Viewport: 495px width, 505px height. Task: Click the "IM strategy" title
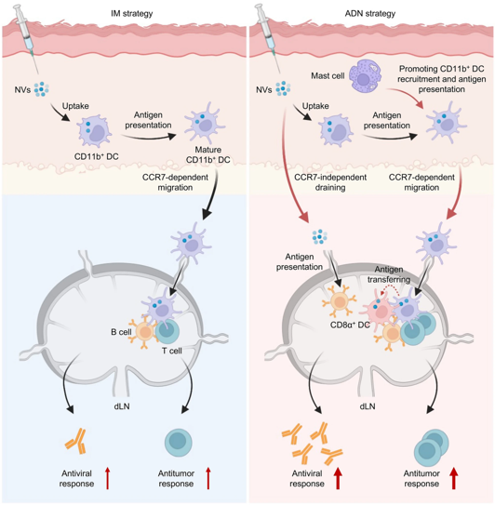click(131, 14)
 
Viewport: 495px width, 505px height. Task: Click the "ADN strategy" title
click(370, 14)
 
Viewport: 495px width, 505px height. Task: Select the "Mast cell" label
click(328, 75)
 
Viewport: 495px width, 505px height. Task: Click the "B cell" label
click(121, 332)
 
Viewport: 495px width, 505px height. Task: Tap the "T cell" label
click(172, 351)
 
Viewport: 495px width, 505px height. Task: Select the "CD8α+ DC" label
click(350, 325)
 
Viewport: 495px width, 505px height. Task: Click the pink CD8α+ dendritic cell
click(380, 310)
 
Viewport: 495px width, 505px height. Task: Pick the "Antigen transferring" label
click(389, 274)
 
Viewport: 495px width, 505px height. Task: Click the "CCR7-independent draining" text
click(330, 182)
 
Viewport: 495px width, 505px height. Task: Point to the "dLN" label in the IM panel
click(122, 406)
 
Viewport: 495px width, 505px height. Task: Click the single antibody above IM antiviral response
click(76, 441)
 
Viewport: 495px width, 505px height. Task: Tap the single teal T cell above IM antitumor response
click(179, 442)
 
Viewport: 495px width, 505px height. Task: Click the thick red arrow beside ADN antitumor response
click(454, 478)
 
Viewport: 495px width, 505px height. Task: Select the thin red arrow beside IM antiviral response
click(108, 479)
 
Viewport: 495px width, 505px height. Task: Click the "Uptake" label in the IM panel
click(75, 106)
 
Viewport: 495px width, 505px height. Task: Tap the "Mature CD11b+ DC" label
click(208, 154)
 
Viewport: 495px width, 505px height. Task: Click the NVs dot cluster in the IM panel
click(42, 89)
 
